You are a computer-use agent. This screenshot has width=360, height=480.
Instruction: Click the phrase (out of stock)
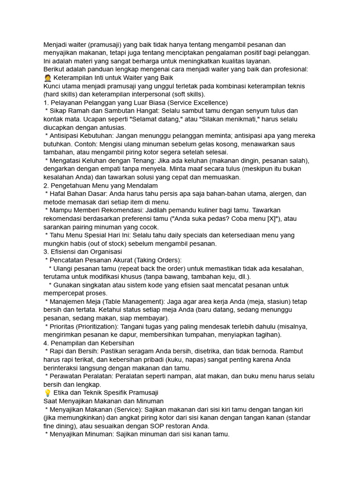click(x=90, y=244)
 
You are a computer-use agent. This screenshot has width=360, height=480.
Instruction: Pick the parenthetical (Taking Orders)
click(x=157, y=260)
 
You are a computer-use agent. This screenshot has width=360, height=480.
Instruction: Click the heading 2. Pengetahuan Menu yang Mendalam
click(x=100, y=186)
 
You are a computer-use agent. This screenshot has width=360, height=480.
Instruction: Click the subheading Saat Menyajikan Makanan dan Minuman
click(x=103, y=401)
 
